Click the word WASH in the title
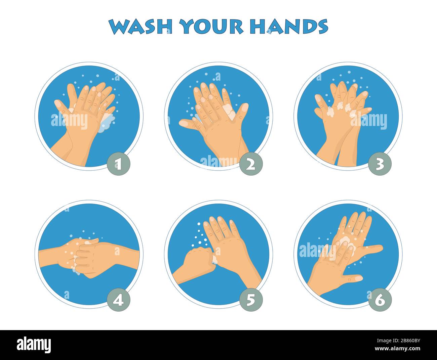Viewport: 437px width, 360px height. click(x=141, y=27)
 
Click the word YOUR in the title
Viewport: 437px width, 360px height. click(x=211, y=27)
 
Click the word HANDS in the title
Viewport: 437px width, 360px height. click(x=289, y=27)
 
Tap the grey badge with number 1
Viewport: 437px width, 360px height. click(x=118, y=164)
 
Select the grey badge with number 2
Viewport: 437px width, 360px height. click(x=251, y=164)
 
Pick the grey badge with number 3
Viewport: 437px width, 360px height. click(x=380, y=164)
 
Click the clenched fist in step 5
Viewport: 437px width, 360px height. click(x=200, y=259)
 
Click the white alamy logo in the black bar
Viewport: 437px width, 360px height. click(x=34, y=345)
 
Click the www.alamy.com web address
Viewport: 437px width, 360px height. click(x=397, y=349)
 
